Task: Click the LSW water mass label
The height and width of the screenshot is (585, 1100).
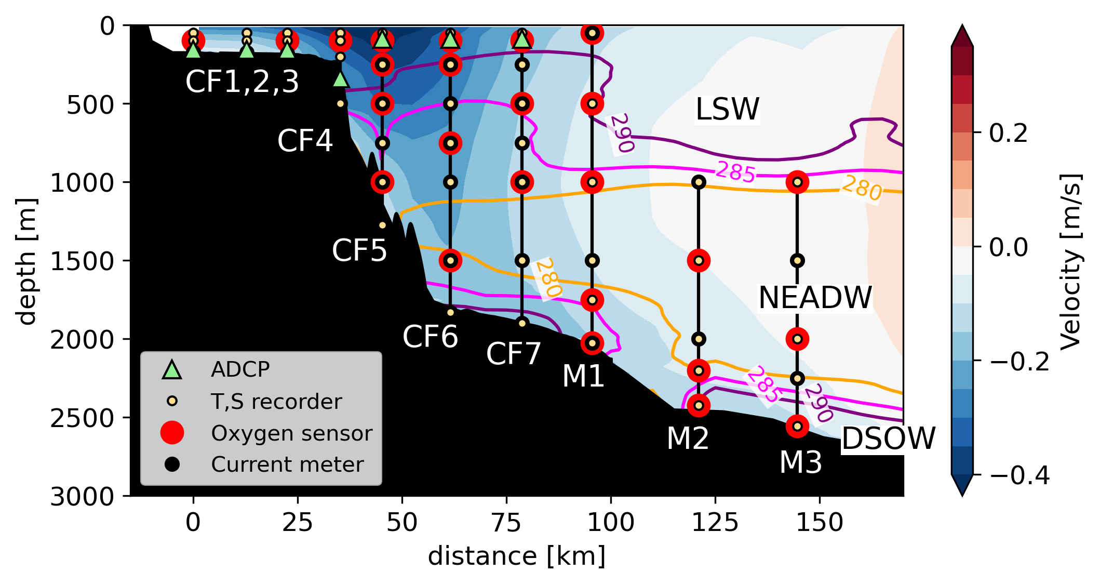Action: pyautogui.click(x=727, y=109)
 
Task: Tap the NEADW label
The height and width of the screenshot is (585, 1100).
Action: pyautogui.click(x=815, y=298)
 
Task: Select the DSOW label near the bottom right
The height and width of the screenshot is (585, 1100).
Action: pyautogui.click(x=888, y=438)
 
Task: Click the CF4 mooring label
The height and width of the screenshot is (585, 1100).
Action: pyautogui.click(x=305, y=141)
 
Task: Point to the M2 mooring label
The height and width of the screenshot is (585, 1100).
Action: pyautogui.click(x=688, y=438)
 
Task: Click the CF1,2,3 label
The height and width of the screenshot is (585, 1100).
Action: pyautogui.click(x=242, y=82)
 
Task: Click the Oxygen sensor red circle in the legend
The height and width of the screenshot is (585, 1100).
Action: pyautogui.click(x=172, y=433)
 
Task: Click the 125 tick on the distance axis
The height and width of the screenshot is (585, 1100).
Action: pyautogui.click(x=715, y=522)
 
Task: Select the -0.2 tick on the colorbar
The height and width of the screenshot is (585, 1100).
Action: pyautogui.click(x=1019, y=362)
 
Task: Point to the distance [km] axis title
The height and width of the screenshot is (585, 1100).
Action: pyautogui.click(x=516, y=556)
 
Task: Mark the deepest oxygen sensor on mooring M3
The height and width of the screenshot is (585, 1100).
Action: pyautogui.click(x=797, y=426)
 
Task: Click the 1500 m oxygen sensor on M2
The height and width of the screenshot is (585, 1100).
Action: pyautogui.click(x=699, y=260)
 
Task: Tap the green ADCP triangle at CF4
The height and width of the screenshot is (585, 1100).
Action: pyautogui.click(x=340, y=79)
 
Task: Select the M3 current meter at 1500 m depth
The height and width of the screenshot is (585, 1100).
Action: pyautogui.click(x=797, y=260)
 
